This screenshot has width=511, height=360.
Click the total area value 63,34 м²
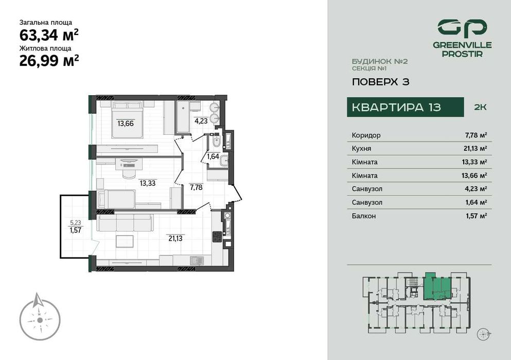(x=49, y=35)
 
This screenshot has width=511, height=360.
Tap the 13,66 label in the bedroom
(x=126, y=123)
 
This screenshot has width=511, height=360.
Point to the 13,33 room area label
(x=148, y=182)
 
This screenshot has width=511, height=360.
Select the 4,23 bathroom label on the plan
(x=201, y=121)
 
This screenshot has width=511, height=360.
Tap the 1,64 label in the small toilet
(x=213, y=157)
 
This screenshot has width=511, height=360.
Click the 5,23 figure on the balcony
(x=75, y=223)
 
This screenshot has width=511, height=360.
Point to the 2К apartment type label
(x=479, y=107)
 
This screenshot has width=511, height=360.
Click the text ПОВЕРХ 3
(x=380, y=81)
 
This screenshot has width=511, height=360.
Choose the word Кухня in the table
(x=362, y=149)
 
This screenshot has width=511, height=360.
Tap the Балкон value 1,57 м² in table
(x=475, y=216)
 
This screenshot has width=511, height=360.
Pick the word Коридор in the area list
(x=366, y=135)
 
